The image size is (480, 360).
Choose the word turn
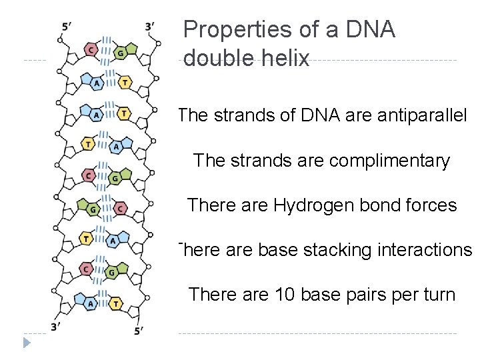437,294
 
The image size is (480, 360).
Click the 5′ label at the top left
67,27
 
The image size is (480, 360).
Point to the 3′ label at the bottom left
57,326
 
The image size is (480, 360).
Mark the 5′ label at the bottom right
138,329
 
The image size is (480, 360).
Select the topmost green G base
121,52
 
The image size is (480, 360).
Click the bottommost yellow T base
116,303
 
